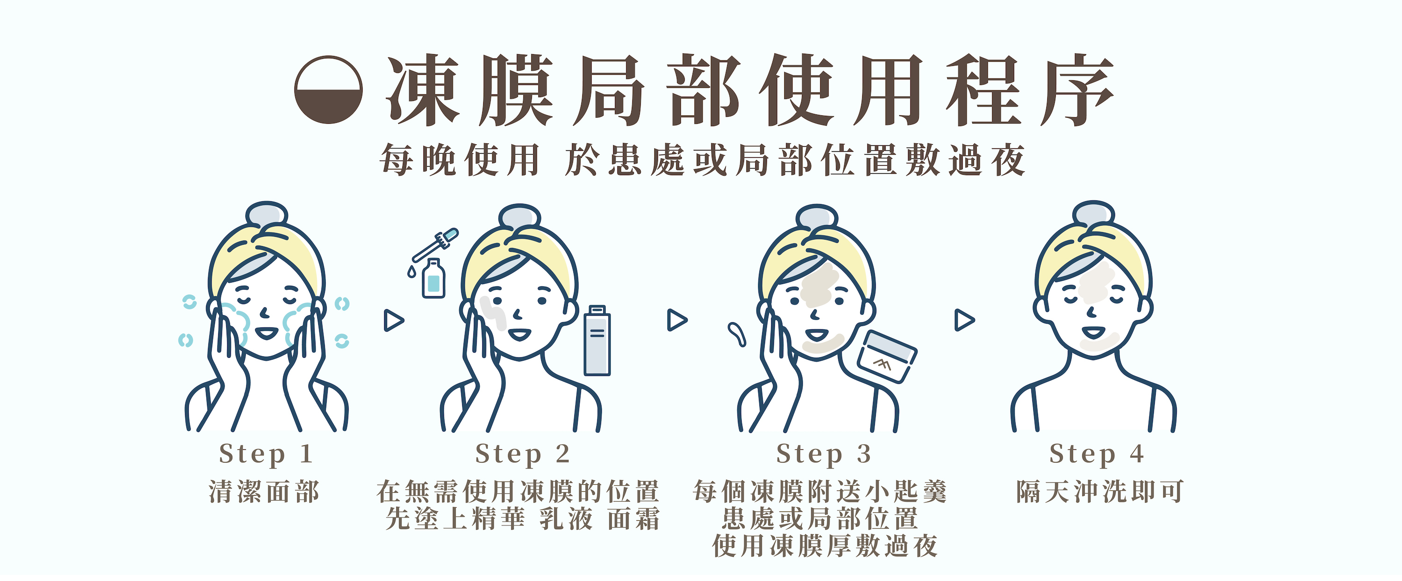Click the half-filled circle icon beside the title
pyautogui.click(x=328, y=90)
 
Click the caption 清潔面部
pyautogui.click(x=265, y=492)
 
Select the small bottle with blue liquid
pyautogui.click(x=433, y=278)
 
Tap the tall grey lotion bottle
pyautogui.click(x=597, y=340)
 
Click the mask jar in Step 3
pyautogui.click(x=887, y=356)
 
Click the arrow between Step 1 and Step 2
pyautogui.click(x=393, y=320)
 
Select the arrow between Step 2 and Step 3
pyautogui.click(x=677, y=320)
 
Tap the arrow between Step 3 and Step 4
pyautogui.click(x=965, y=320)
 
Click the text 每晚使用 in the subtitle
pyautogui.click(x=460, y=160)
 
